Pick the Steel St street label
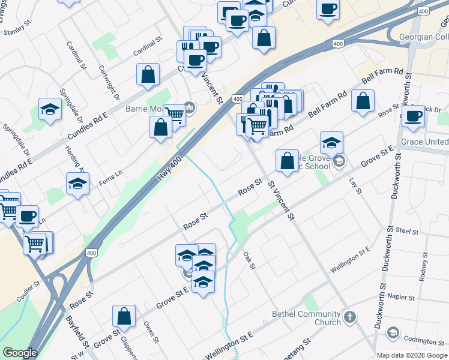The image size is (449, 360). point(407,230)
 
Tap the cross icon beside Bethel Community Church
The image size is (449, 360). point(350,316)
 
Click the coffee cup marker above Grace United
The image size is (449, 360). point(413,116)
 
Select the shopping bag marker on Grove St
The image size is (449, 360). point(124,317)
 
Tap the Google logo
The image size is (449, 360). point(20,353)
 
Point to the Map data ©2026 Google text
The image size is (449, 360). point(412,355)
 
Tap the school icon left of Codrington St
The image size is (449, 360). point(393,332)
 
